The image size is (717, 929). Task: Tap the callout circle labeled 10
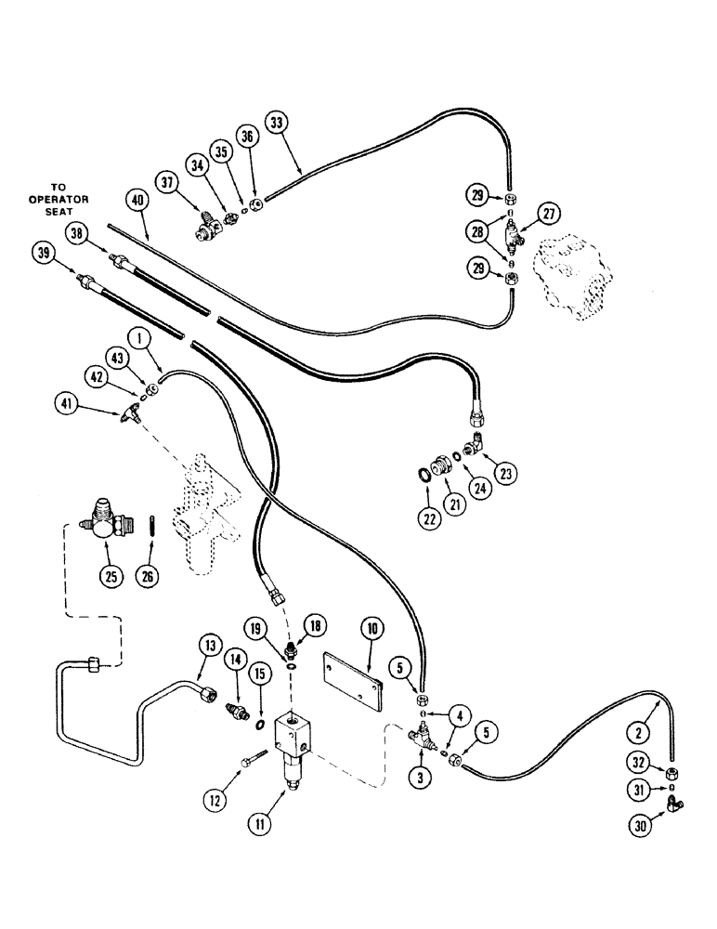pyautogui.click(x=372, y=629)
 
